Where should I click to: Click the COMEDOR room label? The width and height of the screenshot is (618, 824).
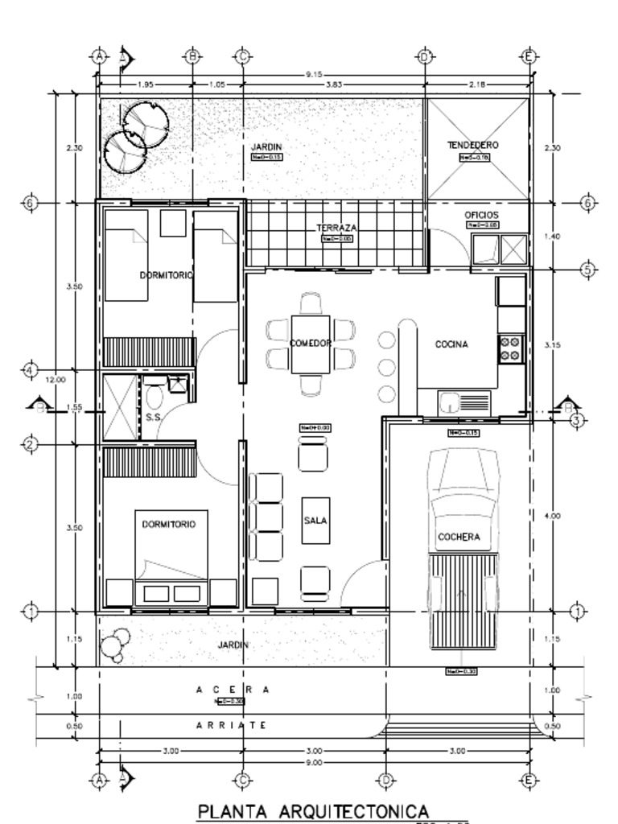[x=311, y=344]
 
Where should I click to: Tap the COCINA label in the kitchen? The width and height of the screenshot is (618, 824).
[x=451, y=344]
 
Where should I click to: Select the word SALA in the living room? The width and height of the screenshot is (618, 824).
[x=315, y=521]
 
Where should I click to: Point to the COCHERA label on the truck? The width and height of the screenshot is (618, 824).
[x=459, y=537]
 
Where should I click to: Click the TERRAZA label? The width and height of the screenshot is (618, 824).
[x=336, y=229]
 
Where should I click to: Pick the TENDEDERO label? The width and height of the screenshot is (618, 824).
[x=473, y=145]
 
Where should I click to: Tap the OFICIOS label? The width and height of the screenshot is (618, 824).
[x=481, y=216]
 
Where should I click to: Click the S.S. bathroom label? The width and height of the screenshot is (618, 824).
[x=154, y=417]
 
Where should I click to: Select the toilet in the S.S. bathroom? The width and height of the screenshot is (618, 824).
[x=154, y=397]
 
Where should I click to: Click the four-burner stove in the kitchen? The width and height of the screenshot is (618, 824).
[x=510, y=348]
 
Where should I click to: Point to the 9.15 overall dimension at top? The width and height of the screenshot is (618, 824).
[x=314, y=75]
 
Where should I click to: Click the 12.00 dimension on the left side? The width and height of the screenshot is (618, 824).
[x=55, y=379]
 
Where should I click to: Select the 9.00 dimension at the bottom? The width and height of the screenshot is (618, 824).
[x=314, y=762]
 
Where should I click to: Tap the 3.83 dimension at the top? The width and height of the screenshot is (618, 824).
[x=335, y=84]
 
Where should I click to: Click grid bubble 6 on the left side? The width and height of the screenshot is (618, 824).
[x=30, y=203]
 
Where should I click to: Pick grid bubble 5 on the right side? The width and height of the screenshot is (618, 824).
[x=587, y=270]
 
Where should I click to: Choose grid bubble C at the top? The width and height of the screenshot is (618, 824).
[x=243, y=56]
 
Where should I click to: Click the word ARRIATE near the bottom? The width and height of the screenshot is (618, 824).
[x=233, y=725]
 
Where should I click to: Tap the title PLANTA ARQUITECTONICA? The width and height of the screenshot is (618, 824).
[x=314, y=810]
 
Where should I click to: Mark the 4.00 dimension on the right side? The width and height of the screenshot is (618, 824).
[x=552, y=516]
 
